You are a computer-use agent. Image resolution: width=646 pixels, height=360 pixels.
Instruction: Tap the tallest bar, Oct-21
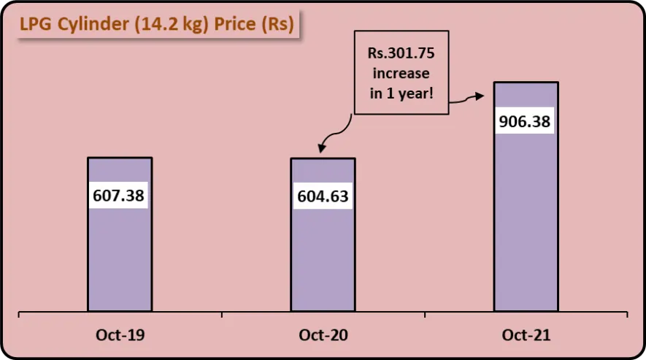[526, 219]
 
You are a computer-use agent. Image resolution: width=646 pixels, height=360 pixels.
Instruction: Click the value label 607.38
[120, 196]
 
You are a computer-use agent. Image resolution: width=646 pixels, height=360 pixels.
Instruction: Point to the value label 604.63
[323, 196]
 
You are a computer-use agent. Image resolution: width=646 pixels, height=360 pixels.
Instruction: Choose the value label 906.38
[526, 121]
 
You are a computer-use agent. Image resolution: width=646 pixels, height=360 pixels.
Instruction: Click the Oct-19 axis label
[120, 336]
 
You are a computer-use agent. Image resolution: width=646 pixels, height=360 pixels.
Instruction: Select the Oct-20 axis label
[323, 336]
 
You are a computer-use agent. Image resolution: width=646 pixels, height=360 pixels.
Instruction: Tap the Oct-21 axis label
[526, 336]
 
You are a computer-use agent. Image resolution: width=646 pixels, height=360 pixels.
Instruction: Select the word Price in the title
[236, 25]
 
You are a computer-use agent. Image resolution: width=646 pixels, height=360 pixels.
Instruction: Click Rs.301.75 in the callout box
[401, 53]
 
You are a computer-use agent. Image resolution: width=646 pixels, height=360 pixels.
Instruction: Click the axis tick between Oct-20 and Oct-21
[425, 315]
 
